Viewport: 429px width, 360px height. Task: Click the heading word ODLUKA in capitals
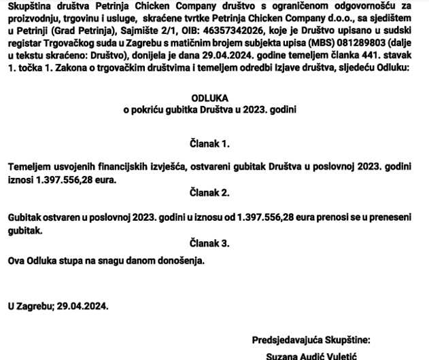pos(209,98)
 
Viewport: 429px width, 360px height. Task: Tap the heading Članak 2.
pos(209,193)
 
